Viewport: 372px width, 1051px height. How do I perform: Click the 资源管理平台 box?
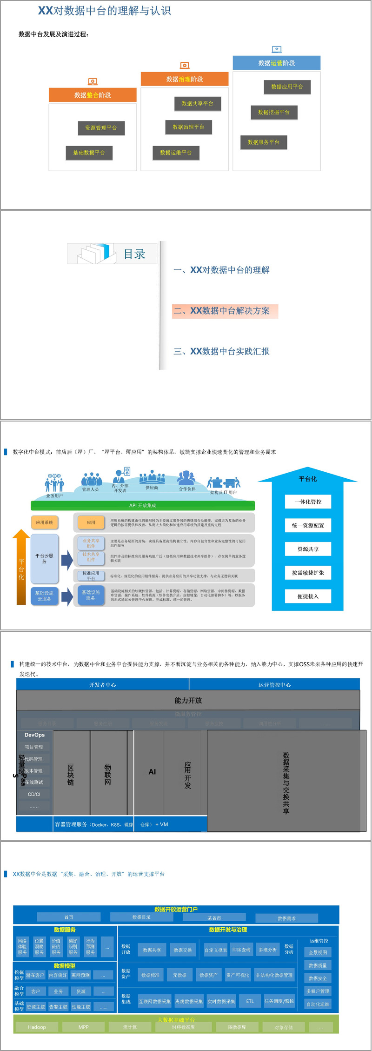tap(101, 128)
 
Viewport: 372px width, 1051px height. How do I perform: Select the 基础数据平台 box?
tap(89, 153)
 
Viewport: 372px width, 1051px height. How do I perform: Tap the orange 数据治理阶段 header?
tap(185, 79)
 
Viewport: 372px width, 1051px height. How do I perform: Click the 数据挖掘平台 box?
tap(274, 113)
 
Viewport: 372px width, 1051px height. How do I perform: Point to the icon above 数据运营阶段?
tap(277, 49)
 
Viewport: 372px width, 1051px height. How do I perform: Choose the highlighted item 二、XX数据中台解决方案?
tap(225, 311)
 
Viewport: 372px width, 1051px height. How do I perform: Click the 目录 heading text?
tap(134, 254)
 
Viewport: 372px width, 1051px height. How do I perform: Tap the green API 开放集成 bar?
tap(143, 505)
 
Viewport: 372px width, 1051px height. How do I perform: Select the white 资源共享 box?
tap(308, 549)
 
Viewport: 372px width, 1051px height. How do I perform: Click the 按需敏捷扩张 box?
tap(308, 573)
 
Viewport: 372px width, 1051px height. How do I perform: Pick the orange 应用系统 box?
tap(45, 522)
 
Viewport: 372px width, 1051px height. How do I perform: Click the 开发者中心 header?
tap(103, 685)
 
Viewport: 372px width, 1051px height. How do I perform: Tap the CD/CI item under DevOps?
tap(34, 794)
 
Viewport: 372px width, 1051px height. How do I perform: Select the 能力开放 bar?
tap(188, 700)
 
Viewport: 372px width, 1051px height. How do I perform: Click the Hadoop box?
tap(37, 1027)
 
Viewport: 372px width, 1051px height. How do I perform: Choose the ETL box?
tap(250, 1001)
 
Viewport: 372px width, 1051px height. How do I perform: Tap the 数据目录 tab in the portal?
tap(141, 917)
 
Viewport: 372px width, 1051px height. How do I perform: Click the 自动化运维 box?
tap(318, 1004)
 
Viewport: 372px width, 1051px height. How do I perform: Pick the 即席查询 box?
tap(241, 950)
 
